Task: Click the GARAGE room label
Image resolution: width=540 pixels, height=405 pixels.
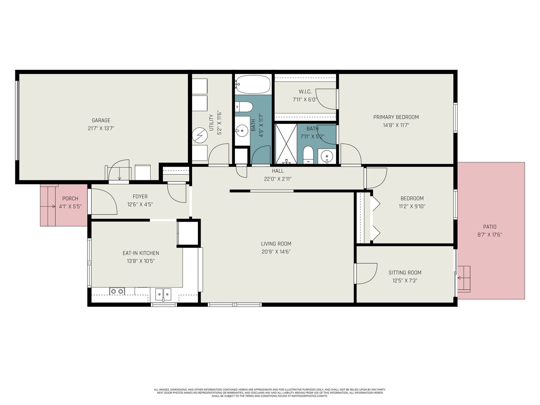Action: (x=101, y=120)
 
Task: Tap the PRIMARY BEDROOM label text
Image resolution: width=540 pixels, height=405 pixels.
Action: (x=396, y=117)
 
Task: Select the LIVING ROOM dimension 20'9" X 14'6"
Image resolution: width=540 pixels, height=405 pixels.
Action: (x=276, y=251)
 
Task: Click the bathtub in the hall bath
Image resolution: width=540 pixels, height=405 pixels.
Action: (x=253, y=84)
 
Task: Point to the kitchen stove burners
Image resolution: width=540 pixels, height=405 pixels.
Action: (x=117, y=291)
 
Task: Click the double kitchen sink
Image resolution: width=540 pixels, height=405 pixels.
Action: (x=163, y=294)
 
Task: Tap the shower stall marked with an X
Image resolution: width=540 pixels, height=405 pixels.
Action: (x=286, y=144)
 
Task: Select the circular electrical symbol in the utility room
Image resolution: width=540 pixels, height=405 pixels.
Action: (x=199, y=135)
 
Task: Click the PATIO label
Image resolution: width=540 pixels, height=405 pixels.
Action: (x=490, y=227)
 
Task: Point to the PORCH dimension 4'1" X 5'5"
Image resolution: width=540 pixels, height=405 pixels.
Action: (x=70, y=206)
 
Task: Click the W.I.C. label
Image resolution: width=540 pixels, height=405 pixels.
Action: (x=305, y=92)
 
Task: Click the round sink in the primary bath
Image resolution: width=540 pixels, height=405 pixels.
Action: (x=327, y=156)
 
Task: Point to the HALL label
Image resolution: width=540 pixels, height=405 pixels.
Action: (x=277, y=171)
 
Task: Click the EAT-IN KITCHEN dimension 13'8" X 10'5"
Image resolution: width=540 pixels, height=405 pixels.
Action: (x=141, y=261)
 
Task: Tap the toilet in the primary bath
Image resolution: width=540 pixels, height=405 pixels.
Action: (x=307, y=155)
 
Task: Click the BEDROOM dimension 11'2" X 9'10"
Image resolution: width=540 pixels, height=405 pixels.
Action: (x=412, y=206)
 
